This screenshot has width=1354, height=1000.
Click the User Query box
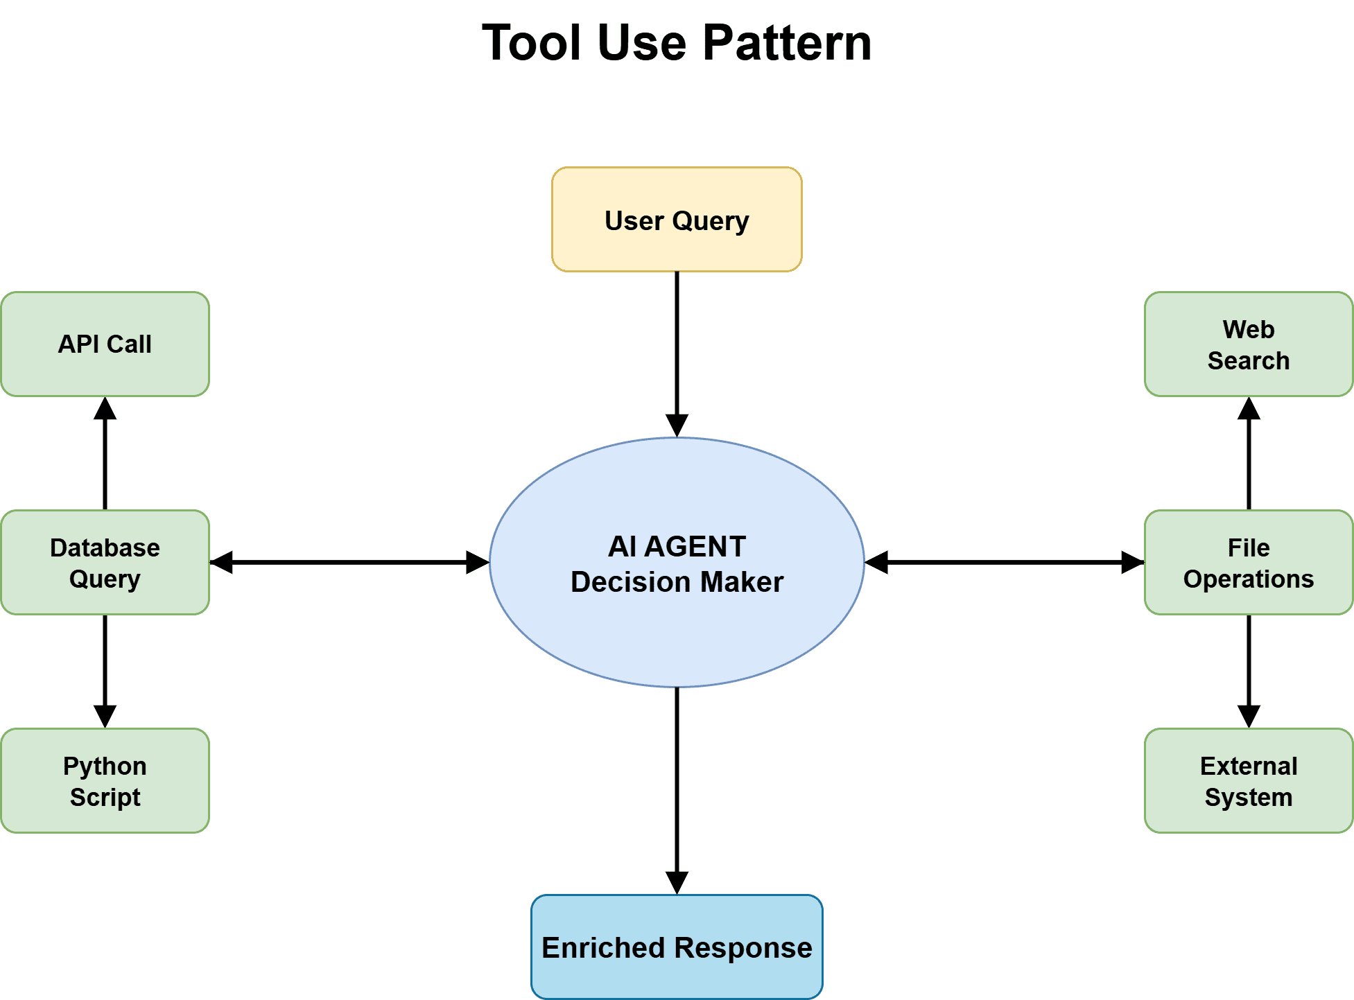[x=677, y=219]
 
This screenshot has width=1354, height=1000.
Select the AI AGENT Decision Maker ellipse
[x=677, y=624]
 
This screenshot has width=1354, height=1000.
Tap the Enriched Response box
[x=677, y=947]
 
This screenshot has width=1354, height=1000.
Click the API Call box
[x=105, y=344]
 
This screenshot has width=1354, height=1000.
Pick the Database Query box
[x=105, y=562]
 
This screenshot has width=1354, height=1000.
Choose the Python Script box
[x=105, y=780]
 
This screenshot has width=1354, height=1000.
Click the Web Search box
[x=1248, y=344]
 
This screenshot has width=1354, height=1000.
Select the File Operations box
[x=1248, y=562]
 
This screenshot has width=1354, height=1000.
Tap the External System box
[x=1248, y=780]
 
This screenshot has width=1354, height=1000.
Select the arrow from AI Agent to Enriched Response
[x=677, y=790]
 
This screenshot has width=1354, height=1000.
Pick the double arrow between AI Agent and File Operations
[x=1004, y=562]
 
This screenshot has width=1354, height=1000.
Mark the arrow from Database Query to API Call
[x=105, y=454]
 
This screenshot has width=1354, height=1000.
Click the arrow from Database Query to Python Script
[x=105, y=669]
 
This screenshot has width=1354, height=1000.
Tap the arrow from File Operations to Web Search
[x=1249, y=454]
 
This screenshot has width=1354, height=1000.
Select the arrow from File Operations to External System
[x=1249, y=669]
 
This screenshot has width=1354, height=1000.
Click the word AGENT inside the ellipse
[x=695, y=547]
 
